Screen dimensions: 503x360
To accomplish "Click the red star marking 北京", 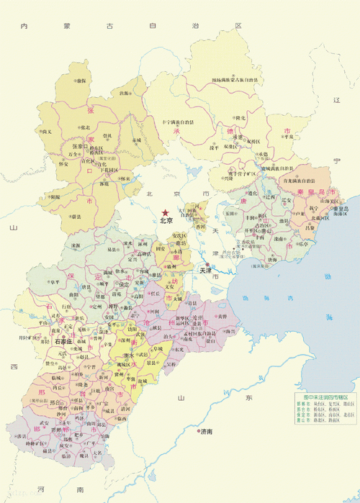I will (x=165, y=212).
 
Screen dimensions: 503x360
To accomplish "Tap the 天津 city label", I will (x=205, y=270).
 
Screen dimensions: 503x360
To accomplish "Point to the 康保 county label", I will (x=81, y=81).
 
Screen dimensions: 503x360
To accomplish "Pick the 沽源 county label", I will (x=125, y=93).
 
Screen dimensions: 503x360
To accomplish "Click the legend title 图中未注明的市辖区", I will (x=325, y=397).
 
